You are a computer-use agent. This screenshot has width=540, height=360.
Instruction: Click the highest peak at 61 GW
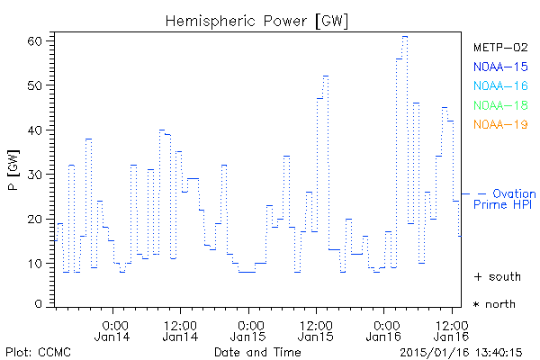tap(405, 36)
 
